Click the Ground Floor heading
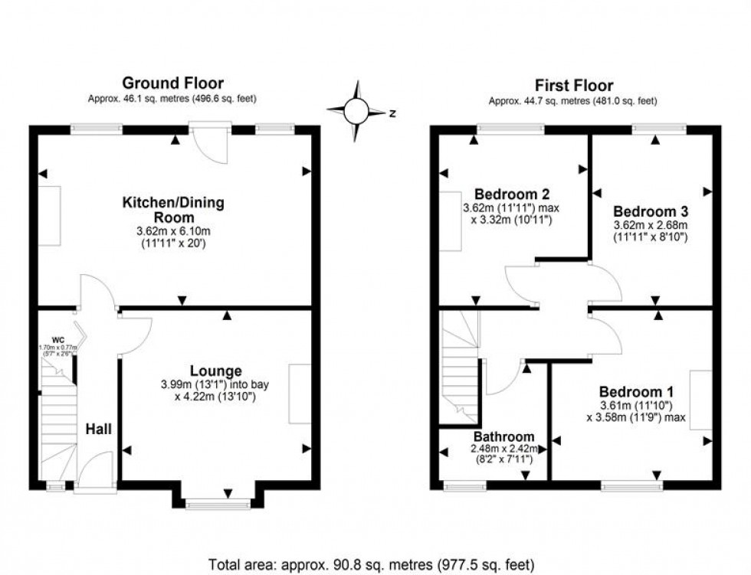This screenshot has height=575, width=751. pyautogui.click(x=173, y=83)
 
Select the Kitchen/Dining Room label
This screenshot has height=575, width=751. pyautogui.click(x=173, y=210)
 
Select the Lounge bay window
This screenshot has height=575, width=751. pyautogui.click(x=218, y=503)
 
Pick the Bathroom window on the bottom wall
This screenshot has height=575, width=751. pyautogui.click(x=464, y=485)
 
